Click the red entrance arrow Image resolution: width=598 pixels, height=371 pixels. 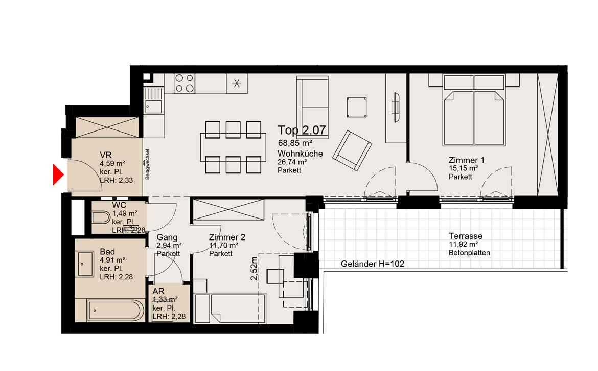click(58, 175)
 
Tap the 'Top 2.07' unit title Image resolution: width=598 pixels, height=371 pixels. click(302, 130)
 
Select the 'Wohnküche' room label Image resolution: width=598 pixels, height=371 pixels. click(300, 154)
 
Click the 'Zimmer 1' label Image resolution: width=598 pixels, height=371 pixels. click(467, 160)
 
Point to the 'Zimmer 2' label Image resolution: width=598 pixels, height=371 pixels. click(227, 237)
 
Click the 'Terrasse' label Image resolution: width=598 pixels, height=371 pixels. click(465, 236)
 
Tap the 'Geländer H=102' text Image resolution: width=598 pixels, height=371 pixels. click(372, 264)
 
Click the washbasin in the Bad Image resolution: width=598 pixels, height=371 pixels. click(85, 264)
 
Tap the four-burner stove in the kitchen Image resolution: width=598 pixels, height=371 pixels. click(185, 83)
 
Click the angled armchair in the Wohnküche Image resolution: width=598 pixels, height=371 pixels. click(352, 150)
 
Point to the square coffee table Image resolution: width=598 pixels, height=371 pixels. click(357, 107)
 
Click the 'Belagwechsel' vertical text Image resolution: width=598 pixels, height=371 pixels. click(148, 164)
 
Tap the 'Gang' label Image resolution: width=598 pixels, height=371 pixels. click(167, 237)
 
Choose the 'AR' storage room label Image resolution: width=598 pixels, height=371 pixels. click(158, 292)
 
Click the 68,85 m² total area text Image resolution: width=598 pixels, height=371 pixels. click(295, 143)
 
